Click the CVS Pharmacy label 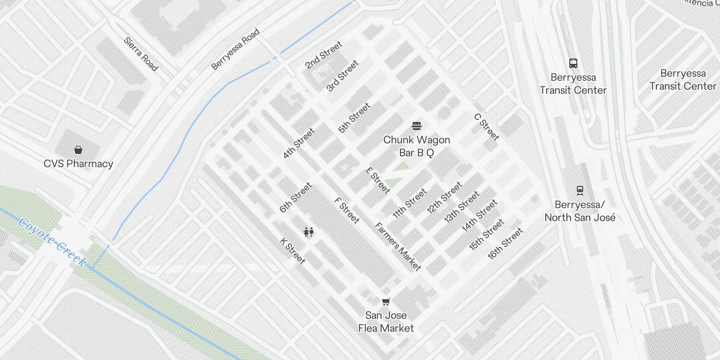[x=78, y=164]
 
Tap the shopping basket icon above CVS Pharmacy [x=78, y=150]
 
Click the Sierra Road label [x=141, y=54]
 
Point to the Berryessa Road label [x=235, y=49]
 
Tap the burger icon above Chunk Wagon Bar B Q [x=417, y=126]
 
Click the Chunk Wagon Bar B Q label [x=417, y=146]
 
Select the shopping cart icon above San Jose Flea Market [x=386, y=301]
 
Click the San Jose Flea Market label [x=386, y=322]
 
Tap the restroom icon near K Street [x=308, y=232]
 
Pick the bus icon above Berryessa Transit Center [x=573, y=63]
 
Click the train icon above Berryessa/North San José [x=580, y=191]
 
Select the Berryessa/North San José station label [x=580, y=211]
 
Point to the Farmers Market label [x=398, y=247]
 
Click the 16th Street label [x=505, y=243]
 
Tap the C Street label [x=486, y=127]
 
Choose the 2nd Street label [x=324, y=55]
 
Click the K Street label [x=293, y=251]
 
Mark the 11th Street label [x=409, y=203]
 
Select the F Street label [x=347, y=210]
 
